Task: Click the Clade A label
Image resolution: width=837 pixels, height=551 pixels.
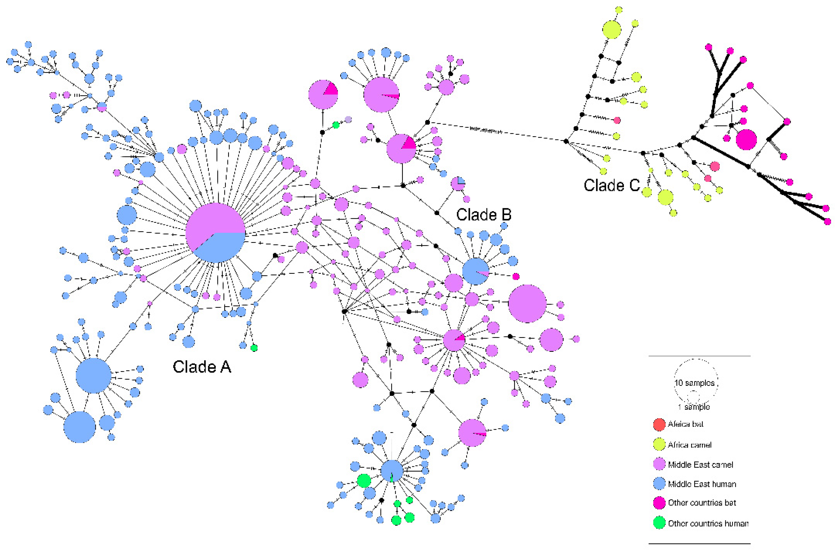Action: click(x=202, y=367)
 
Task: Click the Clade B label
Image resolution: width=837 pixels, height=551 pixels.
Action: click(x=483, y=214)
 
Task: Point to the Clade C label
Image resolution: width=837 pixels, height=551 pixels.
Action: click(x=611, y=185)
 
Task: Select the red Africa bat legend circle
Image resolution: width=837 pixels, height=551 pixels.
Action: click(x=659, y=424)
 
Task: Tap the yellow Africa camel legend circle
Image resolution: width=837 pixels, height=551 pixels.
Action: click(x=659, y=444)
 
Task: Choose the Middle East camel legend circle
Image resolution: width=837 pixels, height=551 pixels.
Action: click(x=659, y=464)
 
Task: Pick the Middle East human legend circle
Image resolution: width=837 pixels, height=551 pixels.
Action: click(x=659, y=483)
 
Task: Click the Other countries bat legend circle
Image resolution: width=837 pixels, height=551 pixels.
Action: click(x=659, y=503)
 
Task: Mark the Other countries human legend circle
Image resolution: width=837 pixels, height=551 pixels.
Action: click(x=659, y=523)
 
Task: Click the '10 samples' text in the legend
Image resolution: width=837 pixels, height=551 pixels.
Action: click(x=694, y=383)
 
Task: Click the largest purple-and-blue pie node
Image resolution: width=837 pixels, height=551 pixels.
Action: click(x=215, y=233)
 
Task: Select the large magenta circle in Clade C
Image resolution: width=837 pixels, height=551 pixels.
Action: click(x=746, y=140)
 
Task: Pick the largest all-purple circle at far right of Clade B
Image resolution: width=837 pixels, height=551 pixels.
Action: click(x=527, y=304)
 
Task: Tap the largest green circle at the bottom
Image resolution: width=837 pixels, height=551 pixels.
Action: click(x=364, y=480)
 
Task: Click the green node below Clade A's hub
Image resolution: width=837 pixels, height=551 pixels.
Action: click(x=254, y=348)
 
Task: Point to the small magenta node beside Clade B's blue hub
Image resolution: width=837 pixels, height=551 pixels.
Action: click(x=516, y=276)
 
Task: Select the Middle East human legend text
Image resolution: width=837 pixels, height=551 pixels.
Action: click(x=702, y=484)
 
